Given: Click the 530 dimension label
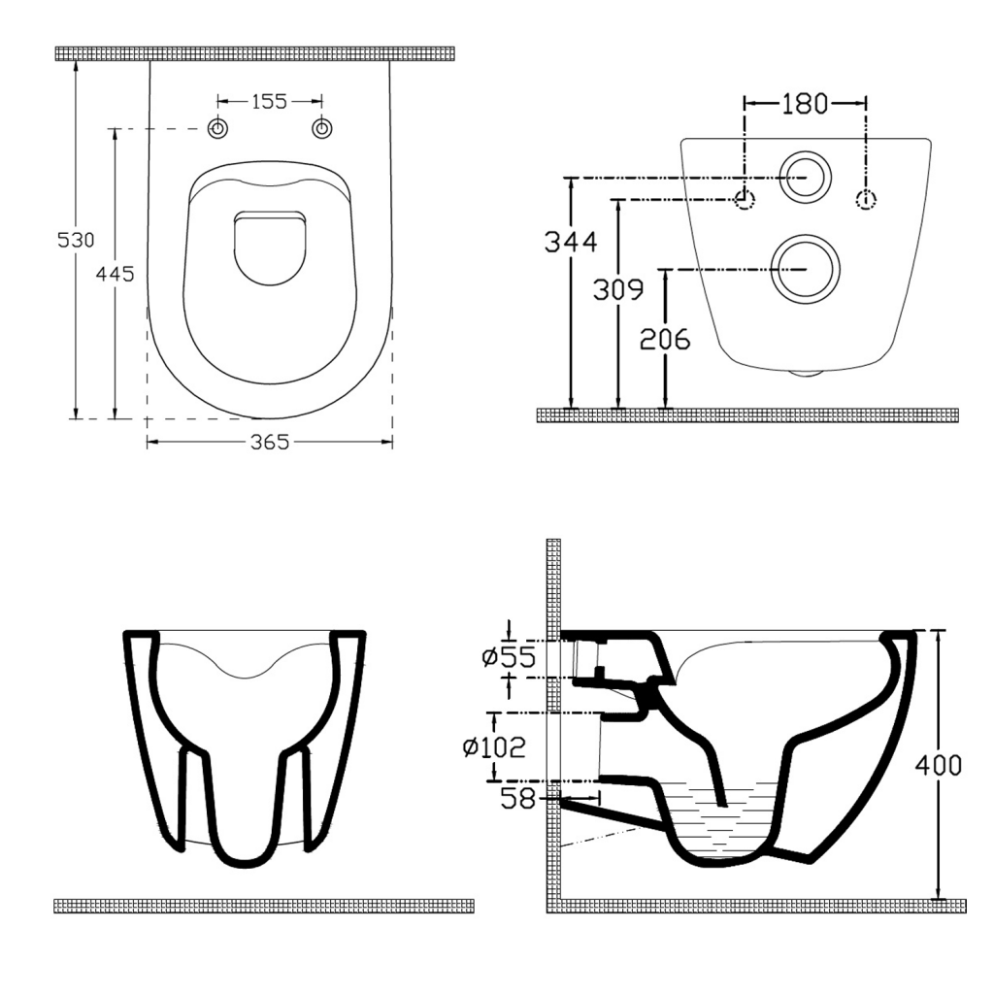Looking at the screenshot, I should [77, 240].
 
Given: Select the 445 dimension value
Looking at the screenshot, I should [115, 274].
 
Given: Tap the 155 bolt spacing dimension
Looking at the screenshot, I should [269, 101].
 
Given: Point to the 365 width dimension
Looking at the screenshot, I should [270, 443].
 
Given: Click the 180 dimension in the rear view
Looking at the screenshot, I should [804, 103].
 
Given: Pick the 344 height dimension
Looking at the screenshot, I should [572, 242].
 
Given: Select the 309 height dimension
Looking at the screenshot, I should [619, 288].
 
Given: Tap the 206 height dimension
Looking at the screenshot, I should [665, 339].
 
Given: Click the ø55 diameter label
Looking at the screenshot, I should [508, 658].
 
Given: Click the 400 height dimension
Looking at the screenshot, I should [939, 765].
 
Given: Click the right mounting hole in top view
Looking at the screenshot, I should [320, 129].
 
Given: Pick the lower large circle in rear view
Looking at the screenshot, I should [805, 267].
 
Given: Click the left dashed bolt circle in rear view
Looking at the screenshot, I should [745, 200].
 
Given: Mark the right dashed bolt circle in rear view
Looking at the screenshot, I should [866, 200].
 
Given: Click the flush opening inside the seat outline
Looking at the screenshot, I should [270, 248].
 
